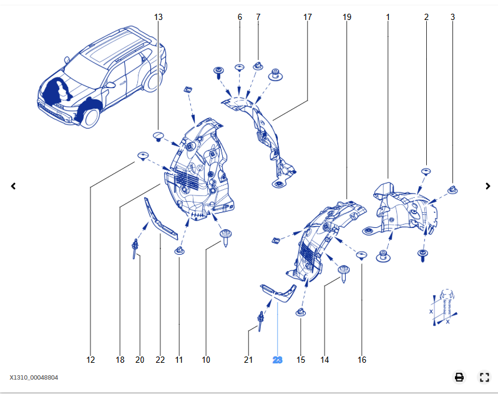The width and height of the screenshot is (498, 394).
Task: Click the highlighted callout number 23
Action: click(277, 360)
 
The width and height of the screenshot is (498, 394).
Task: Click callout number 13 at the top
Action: click(158, 17)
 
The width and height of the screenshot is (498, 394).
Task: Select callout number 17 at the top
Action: click(307, 17)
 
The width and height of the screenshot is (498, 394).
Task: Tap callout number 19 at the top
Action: click(347, 17)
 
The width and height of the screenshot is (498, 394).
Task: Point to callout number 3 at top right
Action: click(452, 17)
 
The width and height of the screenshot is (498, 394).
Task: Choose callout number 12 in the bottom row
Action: click(90, 360)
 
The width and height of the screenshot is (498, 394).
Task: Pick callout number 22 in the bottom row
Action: click(160, 360)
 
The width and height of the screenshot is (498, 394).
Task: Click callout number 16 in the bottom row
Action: click(362, 360)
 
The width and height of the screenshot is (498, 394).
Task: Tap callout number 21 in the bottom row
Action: click(248, 360)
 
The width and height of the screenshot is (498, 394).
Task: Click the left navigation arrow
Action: click(13, 186)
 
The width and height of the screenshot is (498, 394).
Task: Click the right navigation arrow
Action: click(488, 186)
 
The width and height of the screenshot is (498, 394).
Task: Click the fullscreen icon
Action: click(484, 377)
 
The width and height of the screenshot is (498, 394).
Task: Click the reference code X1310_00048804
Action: click(34, 377)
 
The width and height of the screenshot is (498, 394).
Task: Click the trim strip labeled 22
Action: click(161, 219)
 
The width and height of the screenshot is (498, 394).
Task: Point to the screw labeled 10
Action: click(224, 238)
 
